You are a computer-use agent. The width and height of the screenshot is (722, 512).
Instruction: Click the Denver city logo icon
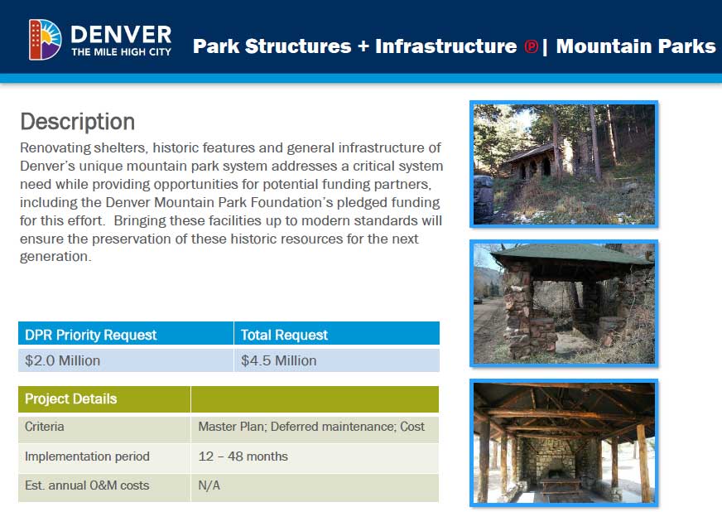(45, 40)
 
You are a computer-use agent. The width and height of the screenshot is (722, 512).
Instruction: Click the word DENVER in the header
(121, 35)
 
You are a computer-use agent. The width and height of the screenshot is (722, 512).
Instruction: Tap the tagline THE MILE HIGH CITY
(121, 52)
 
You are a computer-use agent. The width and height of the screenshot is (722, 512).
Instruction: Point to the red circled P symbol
(531, 46)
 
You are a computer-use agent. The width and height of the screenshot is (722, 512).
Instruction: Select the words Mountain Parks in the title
(636, 46)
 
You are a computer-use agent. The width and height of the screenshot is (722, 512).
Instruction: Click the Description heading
(77, 122)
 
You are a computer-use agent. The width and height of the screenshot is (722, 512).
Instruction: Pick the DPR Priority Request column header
(91, 335)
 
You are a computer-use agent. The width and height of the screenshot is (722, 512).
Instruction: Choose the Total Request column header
(284, 335)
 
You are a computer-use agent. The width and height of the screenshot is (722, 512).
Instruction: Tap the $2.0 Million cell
(62, 360)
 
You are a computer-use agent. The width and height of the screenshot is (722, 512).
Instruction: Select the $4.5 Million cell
(278, 360)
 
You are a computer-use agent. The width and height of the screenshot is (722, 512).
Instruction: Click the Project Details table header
(71, 398)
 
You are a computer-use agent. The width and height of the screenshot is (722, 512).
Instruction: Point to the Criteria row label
(44, 427)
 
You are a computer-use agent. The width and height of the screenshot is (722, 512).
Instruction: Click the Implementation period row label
(87, 456)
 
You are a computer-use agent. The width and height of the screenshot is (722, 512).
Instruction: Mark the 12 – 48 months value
(243, 456)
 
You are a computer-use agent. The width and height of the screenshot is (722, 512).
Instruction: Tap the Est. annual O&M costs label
(87, 485)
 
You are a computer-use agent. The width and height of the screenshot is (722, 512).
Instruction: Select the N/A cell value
(209, 485)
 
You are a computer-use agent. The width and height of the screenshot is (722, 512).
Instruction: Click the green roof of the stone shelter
(571, 254)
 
